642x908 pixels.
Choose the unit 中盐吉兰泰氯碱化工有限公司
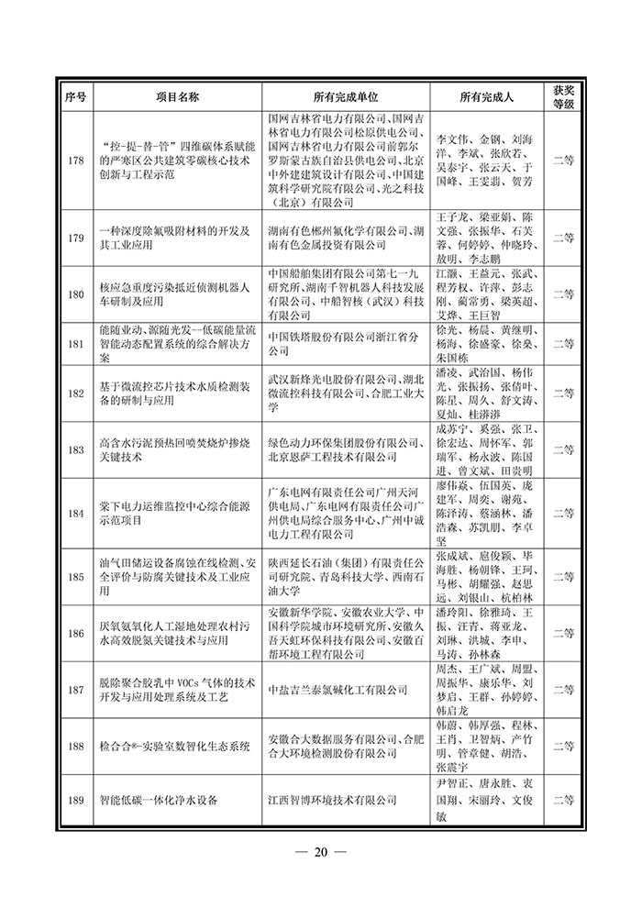click(x=337, y=690)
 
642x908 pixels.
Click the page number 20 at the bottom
click(x=320, y=853)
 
